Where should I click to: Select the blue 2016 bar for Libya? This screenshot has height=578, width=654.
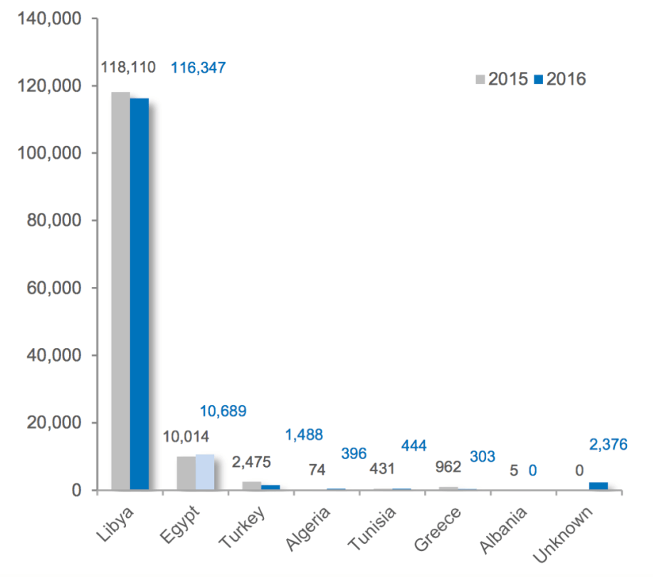139,293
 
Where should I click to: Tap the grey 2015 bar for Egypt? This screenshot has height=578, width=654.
186,473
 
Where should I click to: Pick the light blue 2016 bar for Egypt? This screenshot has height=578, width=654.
204,472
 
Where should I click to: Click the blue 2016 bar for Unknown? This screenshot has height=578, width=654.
598,485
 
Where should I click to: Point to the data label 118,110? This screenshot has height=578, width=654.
128,68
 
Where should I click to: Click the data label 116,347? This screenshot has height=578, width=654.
198,68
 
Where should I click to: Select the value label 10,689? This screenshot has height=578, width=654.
222,411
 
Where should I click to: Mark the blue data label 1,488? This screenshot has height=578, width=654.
304,435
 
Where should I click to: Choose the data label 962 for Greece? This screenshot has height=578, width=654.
449,468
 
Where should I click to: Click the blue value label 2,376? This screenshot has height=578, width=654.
608,445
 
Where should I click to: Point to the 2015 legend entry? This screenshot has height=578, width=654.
501,78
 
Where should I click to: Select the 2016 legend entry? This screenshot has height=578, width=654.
559,78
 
